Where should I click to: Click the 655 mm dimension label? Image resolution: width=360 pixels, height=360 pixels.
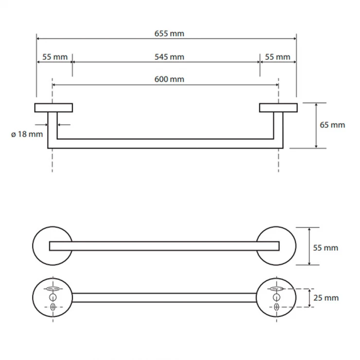[169, 34]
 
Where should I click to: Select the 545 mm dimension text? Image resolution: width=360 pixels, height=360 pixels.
[169, 57]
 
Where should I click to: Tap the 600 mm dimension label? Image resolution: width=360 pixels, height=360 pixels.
[169, 79]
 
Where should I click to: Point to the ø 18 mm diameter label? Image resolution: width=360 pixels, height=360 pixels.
[27, 134]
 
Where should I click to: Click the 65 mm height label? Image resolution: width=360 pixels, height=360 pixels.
[332, 125]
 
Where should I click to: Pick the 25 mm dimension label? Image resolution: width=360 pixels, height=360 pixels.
[326, 298]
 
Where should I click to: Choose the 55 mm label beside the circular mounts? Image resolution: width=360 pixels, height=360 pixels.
[325, 248]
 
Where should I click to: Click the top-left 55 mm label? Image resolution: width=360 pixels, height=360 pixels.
[55, 57]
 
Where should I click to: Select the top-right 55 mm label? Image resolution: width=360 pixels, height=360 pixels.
[278, 57]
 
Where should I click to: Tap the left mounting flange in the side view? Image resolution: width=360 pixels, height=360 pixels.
[54, 108]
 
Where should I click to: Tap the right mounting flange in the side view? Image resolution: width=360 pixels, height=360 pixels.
[278, 108]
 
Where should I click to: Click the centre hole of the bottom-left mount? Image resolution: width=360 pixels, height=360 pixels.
[53, 297]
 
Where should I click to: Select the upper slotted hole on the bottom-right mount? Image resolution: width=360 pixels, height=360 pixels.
[276, 288]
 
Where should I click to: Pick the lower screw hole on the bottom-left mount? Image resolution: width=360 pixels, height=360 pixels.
[53, 307]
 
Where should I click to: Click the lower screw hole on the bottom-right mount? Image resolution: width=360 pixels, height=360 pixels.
[276, 307]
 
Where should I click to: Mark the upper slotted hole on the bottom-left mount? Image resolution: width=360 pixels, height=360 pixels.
[53, 288]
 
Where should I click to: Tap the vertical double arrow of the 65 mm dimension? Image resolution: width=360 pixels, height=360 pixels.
[316, 126]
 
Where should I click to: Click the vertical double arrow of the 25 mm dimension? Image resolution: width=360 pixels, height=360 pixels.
[309, 298]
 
